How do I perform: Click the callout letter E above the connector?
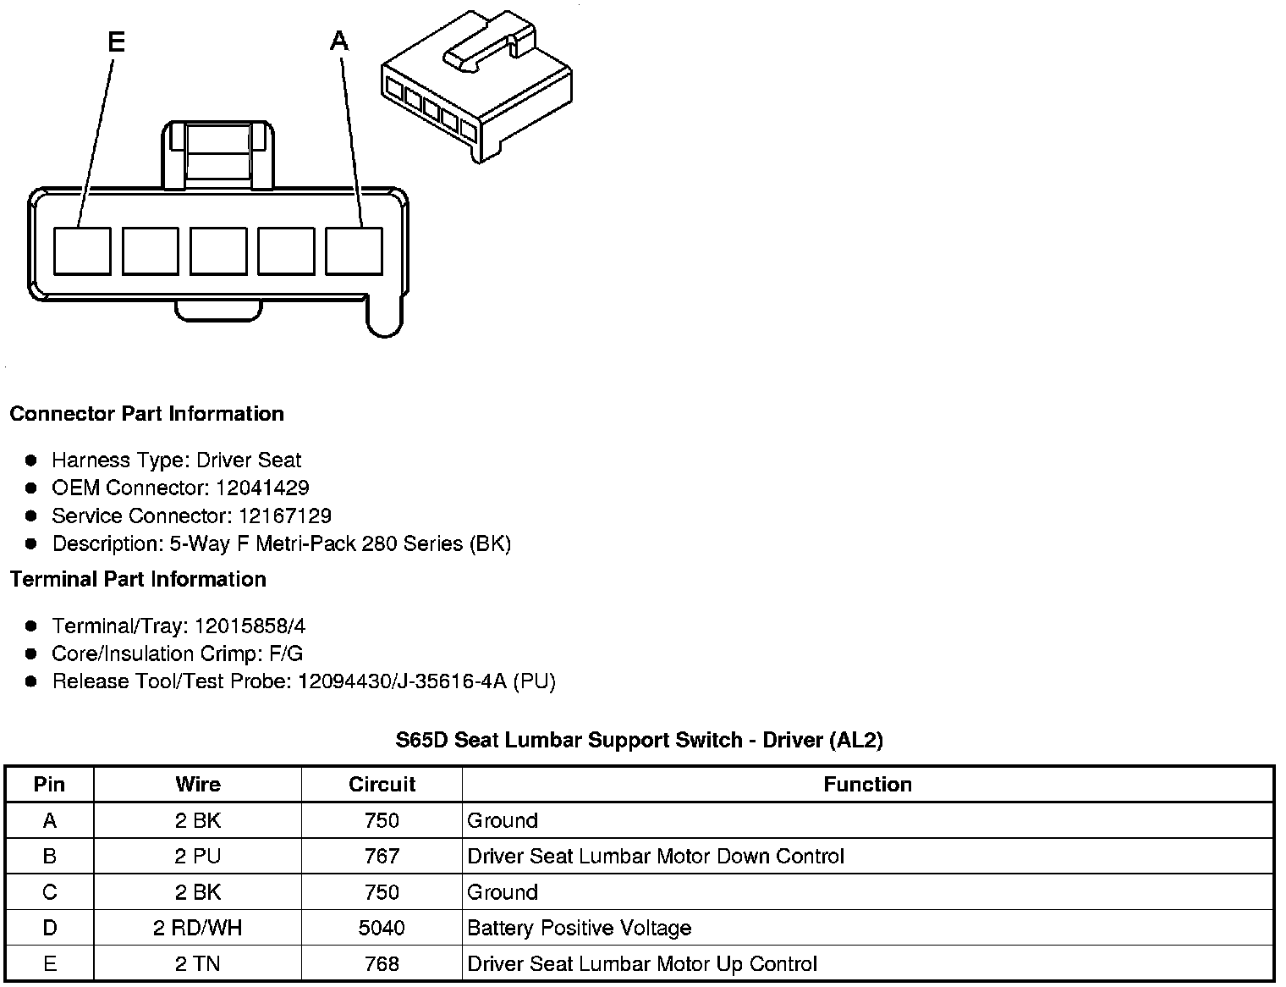pos(116,41)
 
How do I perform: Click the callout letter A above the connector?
pos(339,40)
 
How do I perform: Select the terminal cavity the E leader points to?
pos(82,251)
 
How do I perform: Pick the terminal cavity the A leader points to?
pos(354,251)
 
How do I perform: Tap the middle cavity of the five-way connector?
pos(218,251)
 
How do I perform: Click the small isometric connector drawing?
pos(476,86)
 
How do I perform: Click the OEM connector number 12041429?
pos(262,488)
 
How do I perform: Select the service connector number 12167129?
pos(285,516)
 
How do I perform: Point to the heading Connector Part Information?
pos(146,414)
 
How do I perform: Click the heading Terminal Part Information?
pos(138,579)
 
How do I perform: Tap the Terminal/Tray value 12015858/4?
pos(250,626)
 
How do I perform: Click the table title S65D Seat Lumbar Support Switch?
pos(639,740)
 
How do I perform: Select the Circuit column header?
pos(382,785)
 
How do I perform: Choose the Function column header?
pos(867,785)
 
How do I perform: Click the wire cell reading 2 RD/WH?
pos(197,928)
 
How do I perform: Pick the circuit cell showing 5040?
pos(382,928)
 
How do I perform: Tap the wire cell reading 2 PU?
pos(197,856)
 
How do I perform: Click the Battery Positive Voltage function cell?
pos(579,928)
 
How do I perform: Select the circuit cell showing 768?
pos(382,963)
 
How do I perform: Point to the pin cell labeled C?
pos(50,892)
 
